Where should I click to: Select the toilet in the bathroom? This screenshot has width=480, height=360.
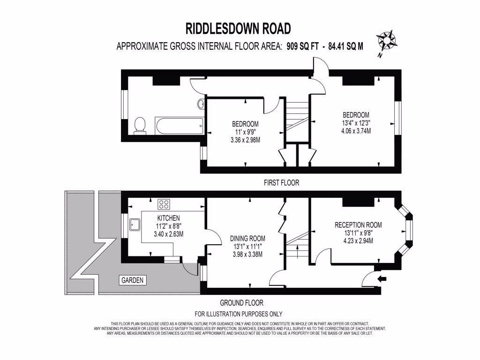(140, 126)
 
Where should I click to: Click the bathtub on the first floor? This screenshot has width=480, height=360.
(180, 126)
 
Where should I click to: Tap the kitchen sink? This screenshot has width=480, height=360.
(135, 224)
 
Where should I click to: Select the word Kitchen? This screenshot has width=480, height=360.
(168, 218)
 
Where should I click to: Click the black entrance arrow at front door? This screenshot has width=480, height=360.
(382, 279)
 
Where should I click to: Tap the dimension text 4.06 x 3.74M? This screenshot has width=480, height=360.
(356, 131)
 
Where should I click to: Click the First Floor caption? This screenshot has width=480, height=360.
(281, 183)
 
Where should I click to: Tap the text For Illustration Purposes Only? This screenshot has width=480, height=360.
(239, 314)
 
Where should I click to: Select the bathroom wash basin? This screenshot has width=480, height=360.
(201, 104)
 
